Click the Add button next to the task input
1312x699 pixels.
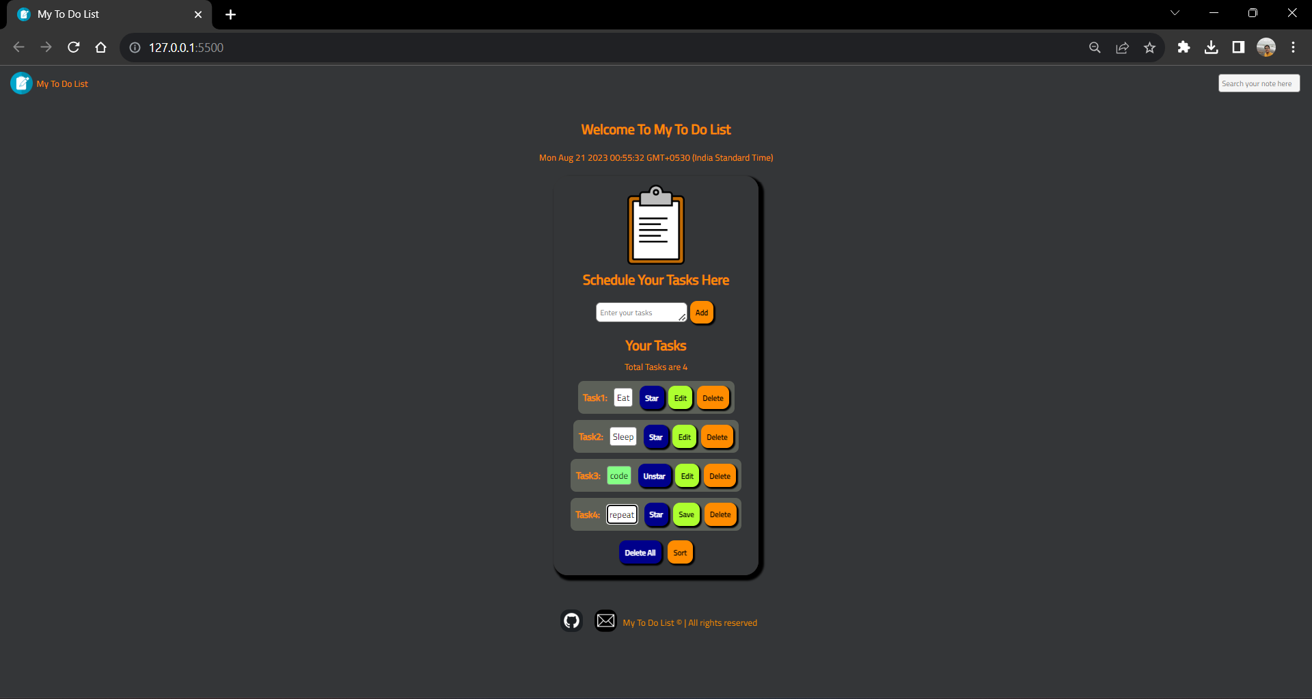click(x=701, y=313)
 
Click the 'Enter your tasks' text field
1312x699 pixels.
click(x=640, y=313)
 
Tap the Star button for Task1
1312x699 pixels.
click(x=652, y=398)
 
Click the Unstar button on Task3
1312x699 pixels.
click(x=654, y=476)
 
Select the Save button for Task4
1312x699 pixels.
click(x=686, y=515)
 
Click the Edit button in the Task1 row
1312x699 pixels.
click(x=680, y=398)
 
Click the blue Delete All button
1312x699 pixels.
click(x=640, y=553)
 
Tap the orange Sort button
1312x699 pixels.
click(x=680, y=553)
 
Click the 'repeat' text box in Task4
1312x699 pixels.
click(x=622, y=515)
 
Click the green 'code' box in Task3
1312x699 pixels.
click(x=619, y=476)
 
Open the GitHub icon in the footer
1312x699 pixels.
click(x=571, y=620)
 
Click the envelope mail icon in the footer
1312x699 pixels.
click(x=605, y=620)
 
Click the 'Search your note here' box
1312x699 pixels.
click(x=1258, y=83)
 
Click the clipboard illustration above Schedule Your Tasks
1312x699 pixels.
click(x=656, y=225)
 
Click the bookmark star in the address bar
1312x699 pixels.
click(x=1149, y=47)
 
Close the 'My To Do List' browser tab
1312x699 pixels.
click(x=198, y=14)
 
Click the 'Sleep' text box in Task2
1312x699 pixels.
click(x=623, y=437)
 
